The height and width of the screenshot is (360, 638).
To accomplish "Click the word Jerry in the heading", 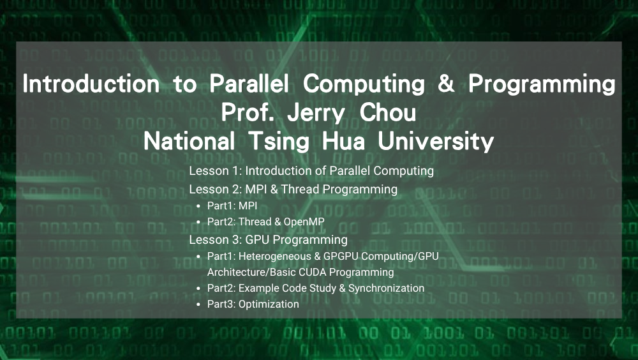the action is tap(316, 113).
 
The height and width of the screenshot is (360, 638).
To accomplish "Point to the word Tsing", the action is tap(279, 142).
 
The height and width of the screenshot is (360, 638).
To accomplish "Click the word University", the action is tap(436, 142).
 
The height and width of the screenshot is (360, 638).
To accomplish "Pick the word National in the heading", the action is tap(189, 141).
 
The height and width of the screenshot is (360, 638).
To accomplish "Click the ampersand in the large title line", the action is tap(446, 84).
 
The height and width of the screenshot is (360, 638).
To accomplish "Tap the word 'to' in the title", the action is tap(185, 84).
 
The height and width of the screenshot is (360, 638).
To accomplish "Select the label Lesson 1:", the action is tap(216, 170).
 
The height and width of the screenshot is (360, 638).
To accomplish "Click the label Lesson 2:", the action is tap(216, 190).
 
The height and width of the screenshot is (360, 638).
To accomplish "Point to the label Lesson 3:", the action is tap(216, 240).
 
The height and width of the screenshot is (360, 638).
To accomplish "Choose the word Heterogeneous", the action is tap(274, 257).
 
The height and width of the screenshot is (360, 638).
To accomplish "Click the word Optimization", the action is tap(269, 304).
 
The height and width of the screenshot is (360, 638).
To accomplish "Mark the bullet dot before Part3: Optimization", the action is tap(198, 304).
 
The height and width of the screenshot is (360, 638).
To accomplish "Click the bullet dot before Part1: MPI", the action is tap(198, 206).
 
